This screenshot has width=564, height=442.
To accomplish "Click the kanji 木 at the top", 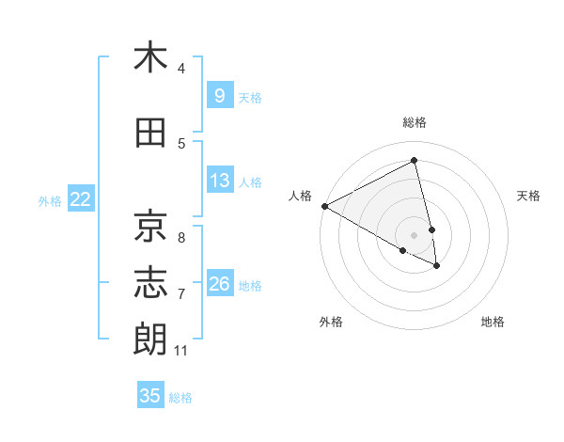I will pos(150,57).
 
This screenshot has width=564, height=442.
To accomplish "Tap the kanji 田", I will pos(150,134).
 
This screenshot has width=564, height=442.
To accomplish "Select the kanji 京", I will pos(150,225).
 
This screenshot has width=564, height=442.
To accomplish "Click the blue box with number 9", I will pos(219,95).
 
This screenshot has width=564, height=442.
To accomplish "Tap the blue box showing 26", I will pos(220,283).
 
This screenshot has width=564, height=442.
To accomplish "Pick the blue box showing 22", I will pos(81,198).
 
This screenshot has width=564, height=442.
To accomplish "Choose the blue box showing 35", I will pos(150,396).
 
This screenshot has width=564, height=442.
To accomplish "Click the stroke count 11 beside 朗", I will pos(181,352).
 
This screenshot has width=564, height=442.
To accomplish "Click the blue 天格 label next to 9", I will pos(250,97).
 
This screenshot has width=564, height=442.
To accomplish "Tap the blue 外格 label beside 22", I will pos(50,200).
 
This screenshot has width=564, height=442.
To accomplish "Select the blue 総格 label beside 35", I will pos(180,398).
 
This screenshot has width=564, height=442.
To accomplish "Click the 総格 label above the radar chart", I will pos(415,122).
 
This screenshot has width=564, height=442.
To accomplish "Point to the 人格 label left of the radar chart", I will pos(300,196).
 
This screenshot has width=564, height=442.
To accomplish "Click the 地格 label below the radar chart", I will pos(493,323).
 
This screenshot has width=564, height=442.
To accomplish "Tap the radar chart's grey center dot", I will pos(415,234).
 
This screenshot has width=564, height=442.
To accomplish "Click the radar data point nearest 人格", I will pos(324,206).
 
